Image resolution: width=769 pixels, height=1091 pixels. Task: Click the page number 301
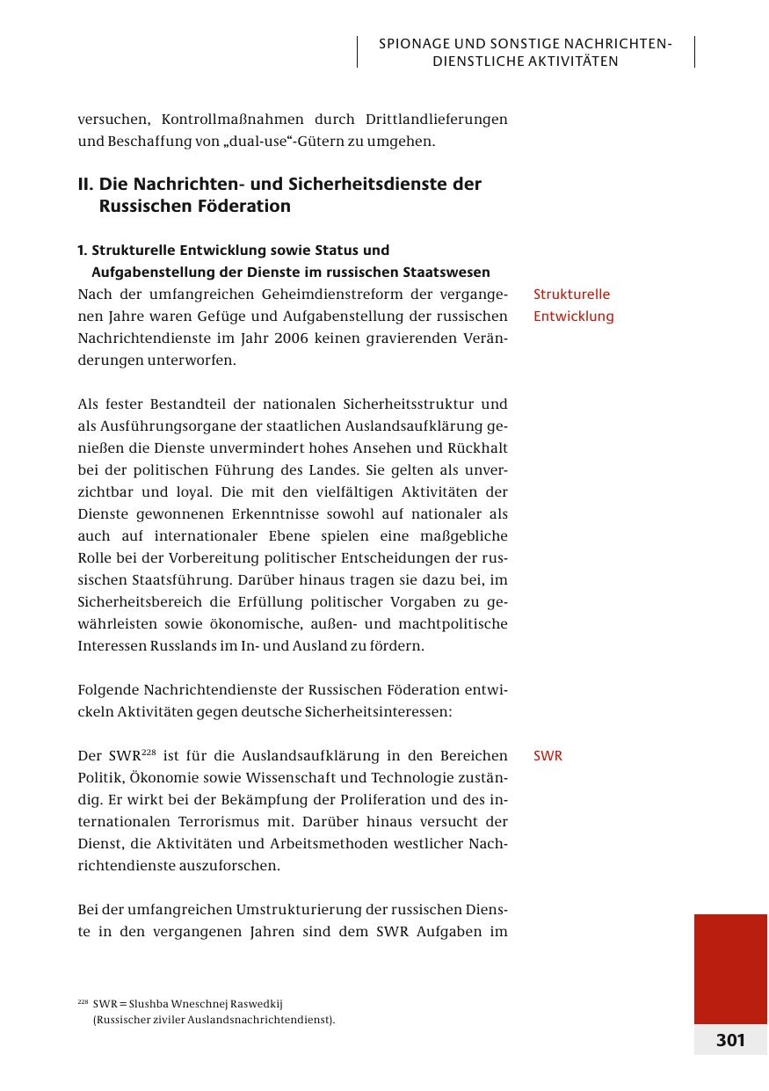(x=730, y=1041)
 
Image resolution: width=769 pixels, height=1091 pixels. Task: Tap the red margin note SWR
(x=548, y=756)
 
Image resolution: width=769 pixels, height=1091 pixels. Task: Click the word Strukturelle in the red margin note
(x=571, y=295)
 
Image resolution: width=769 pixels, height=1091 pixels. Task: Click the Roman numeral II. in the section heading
(x=85, y=185)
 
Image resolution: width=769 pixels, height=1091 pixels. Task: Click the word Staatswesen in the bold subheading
(x=445, y=273)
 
